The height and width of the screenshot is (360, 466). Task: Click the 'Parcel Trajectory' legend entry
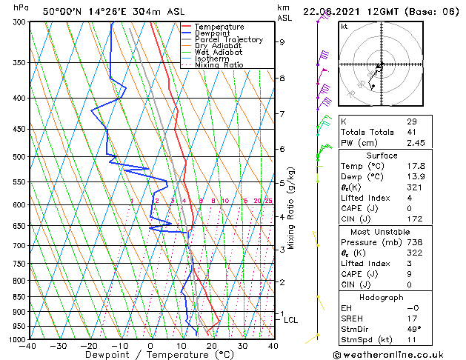coord(228,40)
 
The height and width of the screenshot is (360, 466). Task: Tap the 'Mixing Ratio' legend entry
coord(219,65)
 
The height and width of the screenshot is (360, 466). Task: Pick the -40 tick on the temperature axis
coord(28,346)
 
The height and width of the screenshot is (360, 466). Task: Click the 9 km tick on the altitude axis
coord(282,42)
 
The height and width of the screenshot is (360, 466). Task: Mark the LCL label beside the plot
coord(290,320)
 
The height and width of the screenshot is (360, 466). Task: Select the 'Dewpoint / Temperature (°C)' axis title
coord(150,356)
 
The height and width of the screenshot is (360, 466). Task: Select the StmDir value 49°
coord(413,329)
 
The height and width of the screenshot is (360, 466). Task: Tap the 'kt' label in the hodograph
coord(344,27)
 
